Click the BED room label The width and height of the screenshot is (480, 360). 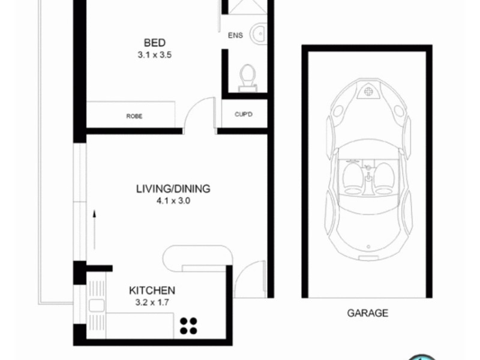tap(154, 43)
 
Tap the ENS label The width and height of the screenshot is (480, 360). tap(235, 35)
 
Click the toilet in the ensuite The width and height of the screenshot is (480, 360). tap(247, 77)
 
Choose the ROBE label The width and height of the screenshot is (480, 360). tap(134, 116)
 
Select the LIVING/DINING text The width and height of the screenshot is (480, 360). tap(173, 189)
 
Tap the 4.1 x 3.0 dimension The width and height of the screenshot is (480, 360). tap(173, 201)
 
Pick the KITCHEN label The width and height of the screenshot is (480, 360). tap(152, 290)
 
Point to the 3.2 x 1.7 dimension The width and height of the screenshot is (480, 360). tap(152, 302)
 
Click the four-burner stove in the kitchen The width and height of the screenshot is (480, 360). tap(188, 325)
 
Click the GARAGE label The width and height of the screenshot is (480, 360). tap(367, 313)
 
